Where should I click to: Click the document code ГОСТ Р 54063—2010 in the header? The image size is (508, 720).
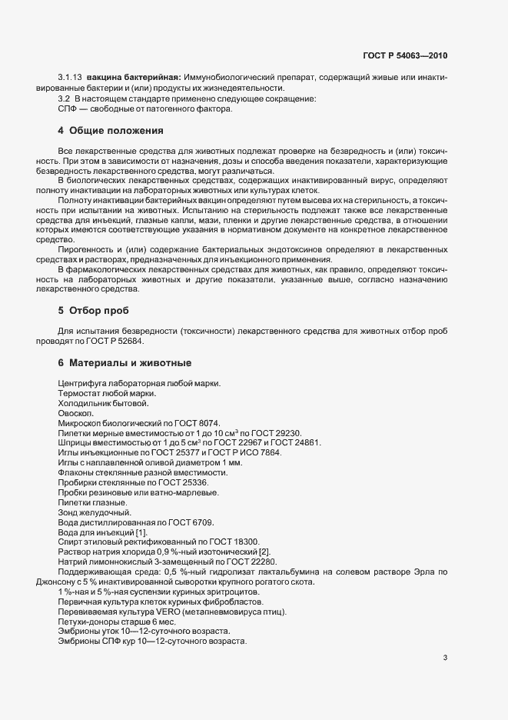click(405, 56)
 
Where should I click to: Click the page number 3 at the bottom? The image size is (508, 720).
click(445, 658)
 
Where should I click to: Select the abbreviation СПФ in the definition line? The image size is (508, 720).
click(65, 108)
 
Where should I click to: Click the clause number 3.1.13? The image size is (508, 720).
click(70, 78)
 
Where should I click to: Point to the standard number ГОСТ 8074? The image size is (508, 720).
click(199, 422)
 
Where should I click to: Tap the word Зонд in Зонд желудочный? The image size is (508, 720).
click(68, 512)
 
